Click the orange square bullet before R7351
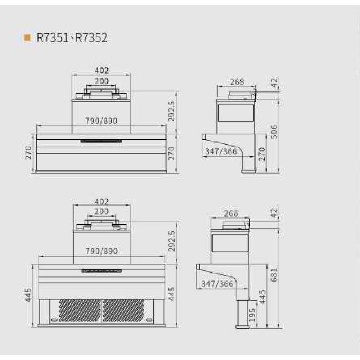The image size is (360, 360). (x=26, y=37)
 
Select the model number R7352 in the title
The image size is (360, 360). (x=91, y=38)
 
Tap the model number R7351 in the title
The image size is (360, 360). (x=52, y=38)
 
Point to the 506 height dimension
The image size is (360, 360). (x=274, y=132)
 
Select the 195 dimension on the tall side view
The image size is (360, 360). (x=252, y=315)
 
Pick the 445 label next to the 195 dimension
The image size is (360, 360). (x=263, y=297)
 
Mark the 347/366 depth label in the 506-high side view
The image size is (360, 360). (x=221, y=152)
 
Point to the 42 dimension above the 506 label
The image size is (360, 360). (x=274, y=84)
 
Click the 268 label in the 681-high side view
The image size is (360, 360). (x=231, y=213)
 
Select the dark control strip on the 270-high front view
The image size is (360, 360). (x=101, y=141)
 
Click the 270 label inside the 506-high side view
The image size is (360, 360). (x=262, y=154)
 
